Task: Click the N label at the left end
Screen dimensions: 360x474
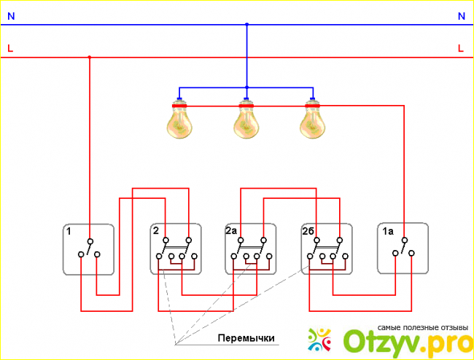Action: (x=10, y=15)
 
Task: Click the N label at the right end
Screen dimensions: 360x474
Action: (x=461, y=15)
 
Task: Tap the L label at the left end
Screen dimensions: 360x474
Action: (x=10, y=48)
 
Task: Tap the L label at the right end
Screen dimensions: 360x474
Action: (x=461, y=48)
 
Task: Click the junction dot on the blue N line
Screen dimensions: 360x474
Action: (x=246, y=25)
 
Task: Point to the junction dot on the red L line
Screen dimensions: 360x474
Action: (x=90, y=57)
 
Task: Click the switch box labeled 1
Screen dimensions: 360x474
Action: (x=89, y=249)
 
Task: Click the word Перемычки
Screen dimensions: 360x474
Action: (x=245, y=339)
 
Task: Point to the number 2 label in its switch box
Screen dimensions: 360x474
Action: (x=156, y=231)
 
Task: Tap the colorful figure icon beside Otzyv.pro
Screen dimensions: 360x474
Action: (x=320, y=340)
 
